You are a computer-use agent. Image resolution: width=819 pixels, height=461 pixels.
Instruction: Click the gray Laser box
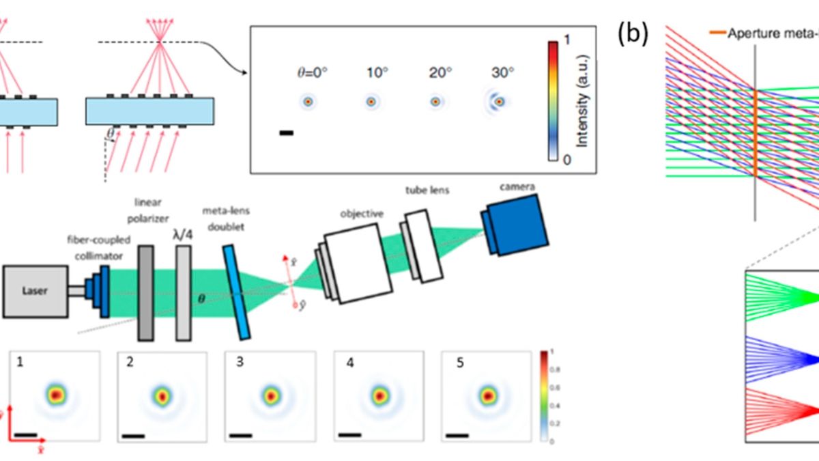coord(35,292)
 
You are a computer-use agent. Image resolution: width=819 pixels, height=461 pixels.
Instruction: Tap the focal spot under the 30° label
coord(500,101)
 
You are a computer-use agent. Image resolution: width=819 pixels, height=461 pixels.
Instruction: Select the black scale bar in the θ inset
coord(287,132)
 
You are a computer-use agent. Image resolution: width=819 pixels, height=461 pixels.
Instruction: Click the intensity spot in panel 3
coord(271,395)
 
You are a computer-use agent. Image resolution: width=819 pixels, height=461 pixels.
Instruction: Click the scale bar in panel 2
coord(134,435)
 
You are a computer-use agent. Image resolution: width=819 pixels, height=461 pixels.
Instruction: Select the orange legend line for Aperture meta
coord(717,33)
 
